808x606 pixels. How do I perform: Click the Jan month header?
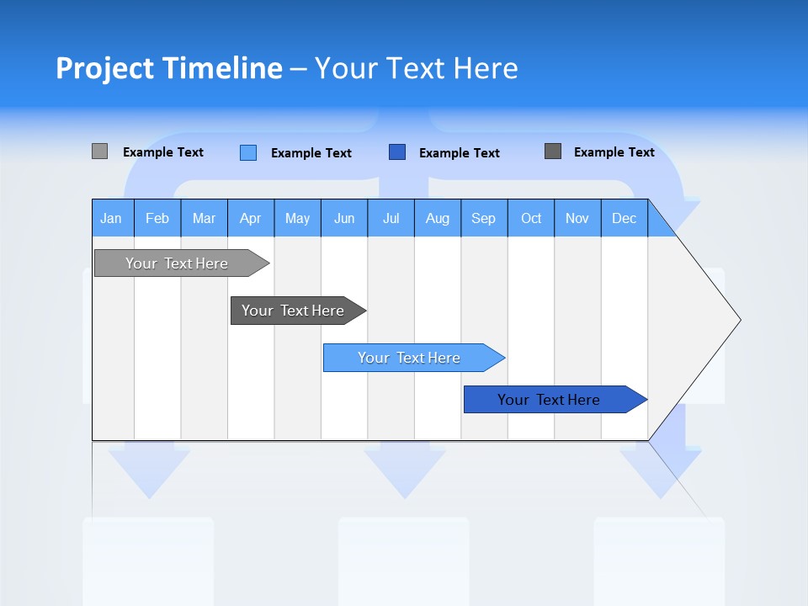tap(111, 218)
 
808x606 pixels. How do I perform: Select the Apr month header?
tap(250, 218)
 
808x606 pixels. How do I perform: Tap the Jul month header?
tap(391, 218)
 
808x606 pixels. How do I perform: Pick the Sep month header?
tap(483, 218)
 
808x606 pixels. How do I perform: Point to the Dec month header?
tap(624, 218)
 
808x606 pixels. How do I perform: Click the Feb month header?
tap(157, 218)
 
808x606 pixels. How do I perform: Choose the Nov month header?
tap(577, 218)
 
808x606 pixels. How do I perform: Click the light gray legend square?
tap(99, 151)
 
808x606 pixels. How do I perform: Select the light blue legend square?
tap(248, 152)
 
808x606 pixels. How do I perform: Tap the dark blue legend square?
tap(397, 152)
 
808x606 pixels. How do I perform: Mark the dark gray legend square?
tap(553, 151)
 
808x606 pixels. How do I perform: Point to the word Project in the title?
tap(104, 68)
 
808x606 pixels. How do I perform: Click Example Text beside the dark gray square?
tap(614, 152)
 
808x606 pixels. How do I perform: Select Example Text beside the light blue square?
tap(311, 153)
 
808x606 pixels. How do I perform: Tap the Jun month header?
tap(344, 218)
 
